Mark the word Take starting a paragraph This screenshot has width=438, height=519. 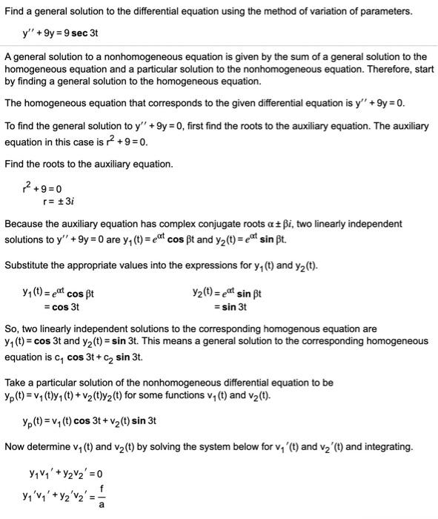16,383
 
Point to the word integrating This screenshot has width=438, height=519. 387,446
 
